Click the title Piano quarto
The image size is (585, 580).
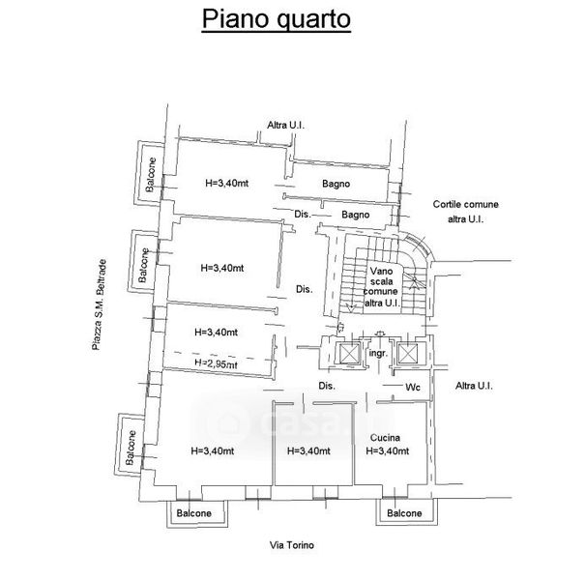coord(276,18)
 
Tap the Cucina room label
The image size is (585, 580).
coord(385,437)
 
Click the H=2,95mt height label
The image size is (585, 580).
coord(215,363)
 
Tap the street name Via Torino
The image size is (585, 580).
coord(293,545)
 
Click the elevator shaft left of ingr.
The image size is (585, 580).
coord(346,353)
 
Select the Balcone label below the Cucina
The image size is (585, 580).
coord(405,514)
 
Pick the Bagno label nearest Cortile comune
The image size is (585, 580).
coord(356,215)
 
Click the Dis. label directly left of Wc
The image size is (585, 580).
coord(326,388)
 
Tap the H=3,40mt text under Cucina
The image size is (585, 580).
coord(390,450)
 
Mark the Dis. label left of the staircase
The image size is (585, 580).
coord(304,289)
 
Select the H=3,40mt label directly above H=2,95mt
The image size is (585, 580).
coord(217,332)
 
